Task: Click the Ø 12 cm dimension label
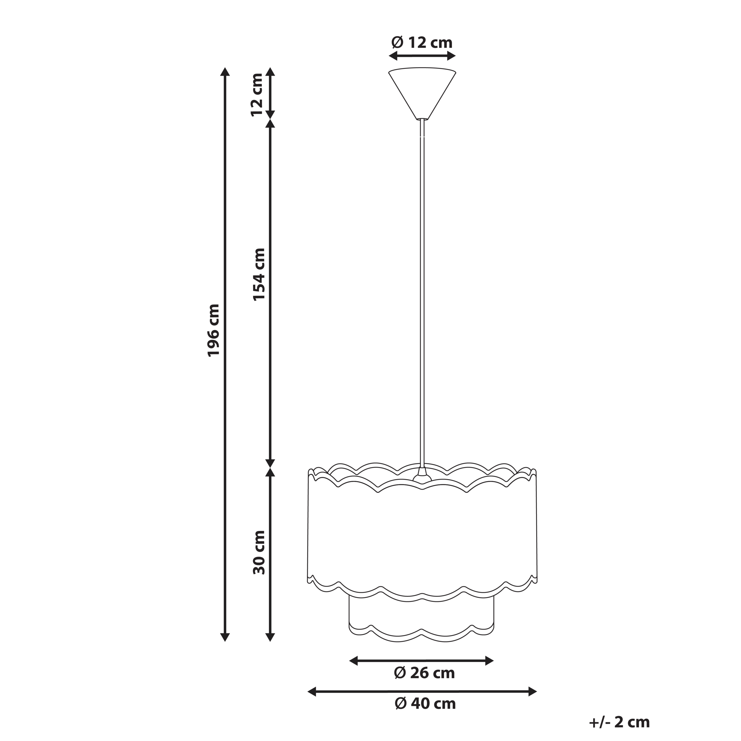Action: coord(422,42)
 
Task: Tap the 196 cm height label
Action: coord(214,330)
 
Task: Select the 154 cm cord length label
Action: coord(259,274)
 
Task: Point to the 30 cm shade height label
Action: coord(259,552)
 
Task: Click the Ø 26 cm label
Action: coord(424,673)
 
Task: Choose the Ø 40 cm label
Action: coord(425,703)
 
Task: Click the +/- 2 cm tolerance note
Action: coord(619,722)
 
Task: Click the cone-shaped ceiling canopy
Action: coord(422,93)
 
